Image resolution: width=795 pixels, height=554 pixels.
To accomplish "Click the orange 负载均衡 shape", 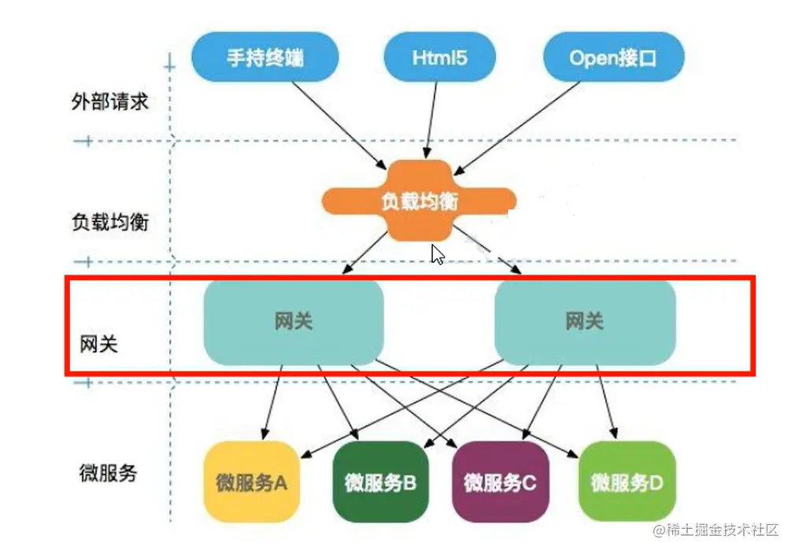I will (420, 201).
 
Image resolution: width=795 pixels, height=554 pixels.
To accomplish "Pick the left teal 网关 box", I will (294, 322).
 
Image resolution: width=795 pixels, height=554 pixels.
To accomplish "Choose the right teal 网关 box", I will (584, 322).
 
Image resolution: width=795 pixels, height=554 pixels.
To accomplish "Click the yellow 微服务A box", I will (252, 482).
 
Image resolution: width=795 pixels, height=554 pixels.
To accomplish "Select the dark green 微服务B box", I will (380, 482).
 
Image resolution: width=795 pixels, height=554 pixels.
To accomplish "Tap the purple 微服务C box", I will (500, 482).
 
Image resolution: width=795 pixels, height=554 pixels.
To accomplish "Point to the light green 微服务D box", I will (627, 482).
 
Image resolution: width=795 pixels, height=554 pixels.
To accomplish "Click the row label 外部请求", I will (109, 102).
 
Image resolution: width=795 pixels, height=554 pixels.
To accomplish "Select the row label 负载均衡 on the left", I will (109, 222).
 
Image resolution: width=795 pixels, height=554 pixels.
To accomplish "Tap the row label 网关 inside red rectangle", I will (99, 345).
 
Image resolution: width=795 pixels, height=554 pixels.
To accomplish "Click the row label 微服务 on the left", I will (109, 472).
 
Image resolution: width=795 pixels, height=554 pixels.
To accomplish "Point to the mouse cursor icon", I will (437, 254).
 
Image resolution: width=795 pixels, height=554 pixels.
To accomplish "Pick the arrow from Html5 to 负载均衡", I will (431, 118).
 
